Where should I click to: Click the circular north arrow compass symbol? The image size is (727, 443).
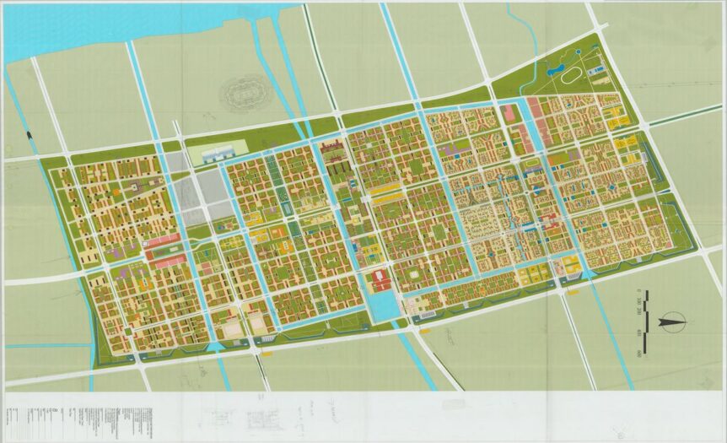coord(671,320)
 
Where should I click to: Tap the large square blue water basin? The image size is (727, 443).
coord(384,305)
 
